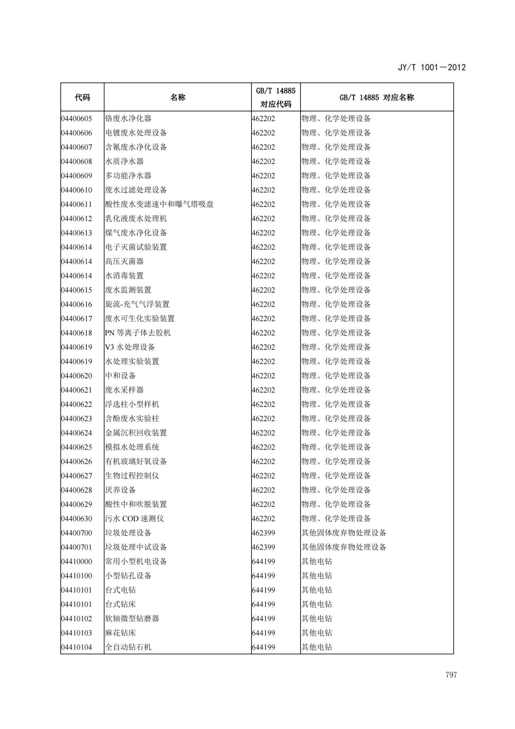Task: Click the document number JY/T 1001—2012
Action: click(x=431, y=67)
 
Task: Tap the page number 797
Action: click(x=451, y=675)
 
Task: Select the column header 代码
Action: click(x=82, y=97)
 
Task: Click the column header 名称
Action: click(x=178, y=97)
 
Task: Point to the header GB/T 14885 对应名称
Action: click(x=376, y=97)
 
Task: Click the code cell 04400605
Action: click(x=77, y=118)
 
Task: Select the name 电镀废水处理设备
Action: click(x=136, y=133)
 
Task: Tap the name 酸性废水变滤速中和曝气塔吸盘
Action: click(x=159, y=204)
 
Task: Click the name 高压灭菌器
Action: click(x=124, y=261)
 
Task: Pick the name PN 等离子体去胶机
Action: click(x=138, y=333)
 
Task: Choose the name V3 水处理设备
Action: click(x=130, y=347)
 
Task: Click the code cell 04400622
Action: click(x=77, y=404)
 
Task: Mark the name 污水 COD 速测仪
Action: click(x=134, y=519)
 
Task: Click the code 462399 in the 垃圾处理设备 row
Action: click(x=264, y=533)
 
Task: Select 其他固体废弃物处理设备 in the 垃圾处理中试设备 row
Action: click(x=344, y=547)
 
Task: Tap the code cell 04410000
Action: click(x=77, y=561)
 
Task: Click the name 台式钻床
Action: click(x=120, y=604)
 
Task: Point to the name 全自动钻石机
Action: click(x=128, y=647)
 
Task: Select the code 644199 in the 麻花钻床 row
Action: click(x=264, y=633)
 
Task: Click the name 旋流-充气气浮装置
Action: click(x=137, y=304)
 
